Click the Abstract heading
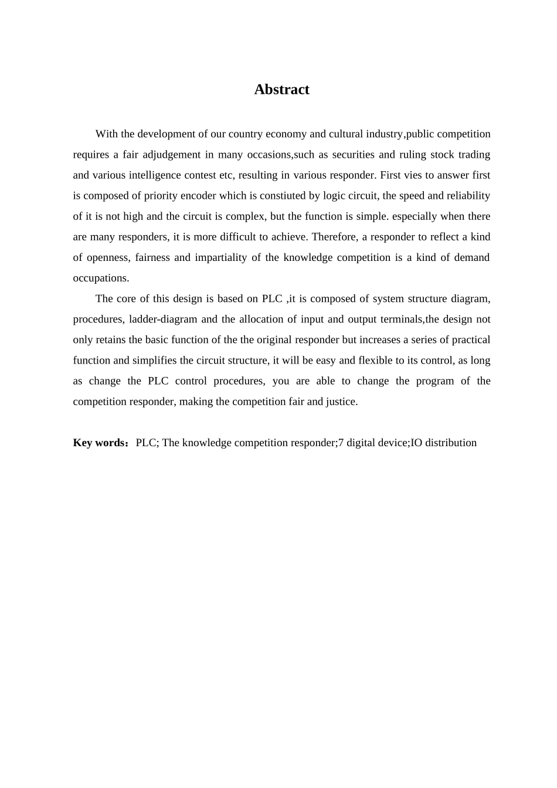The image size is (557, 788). (x=281, y=90)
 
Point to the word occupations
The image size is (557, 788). (x=101, y=278)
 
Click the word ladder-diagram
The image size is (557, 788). (x=163, y=320)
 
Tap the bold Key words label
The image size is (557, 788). (x=98, y=443)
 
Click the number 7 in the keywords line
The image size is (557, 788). (x=341, y=443)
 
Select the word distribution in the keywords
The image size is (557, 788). (x=451, y=443)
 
